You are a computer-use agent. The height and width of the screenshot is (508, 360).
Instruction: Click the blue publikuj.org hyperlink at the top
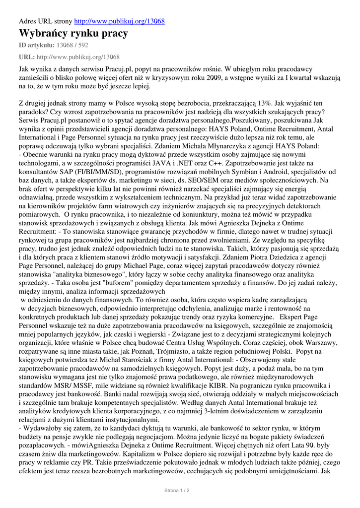pos(119,21)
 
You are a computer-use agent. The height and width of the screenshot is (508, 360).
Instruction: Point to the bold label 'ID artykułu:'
pos(37,46)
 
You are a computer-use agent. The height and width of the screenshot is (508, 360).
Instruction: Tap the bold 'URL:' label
pos(26,57)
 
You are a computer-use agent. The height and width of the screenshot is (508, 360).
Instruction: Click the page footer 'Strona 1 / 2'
pos(177,490)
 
